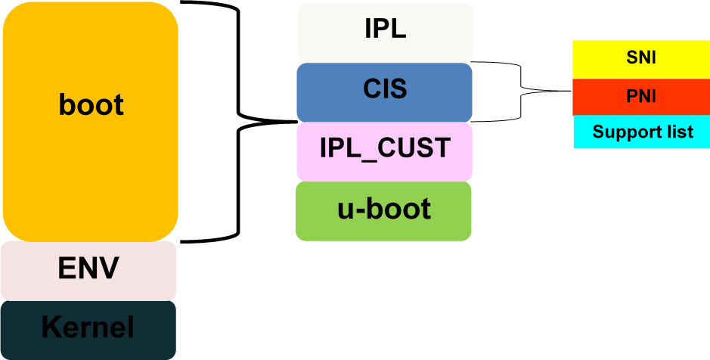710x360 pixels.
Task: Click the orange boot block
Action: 91,122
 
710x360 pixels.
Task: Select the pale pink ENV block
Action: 88,271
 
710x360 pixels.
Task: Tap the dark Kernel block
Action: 88,330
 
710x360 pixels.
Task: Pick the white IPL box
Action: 386,33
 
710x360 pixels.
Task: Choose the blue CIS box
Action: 384,92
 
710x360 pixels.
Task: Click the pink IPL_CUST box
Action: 384,152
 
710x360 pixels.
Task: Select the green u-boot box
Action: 383,211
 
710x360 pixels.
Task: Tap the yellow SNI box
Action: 641,59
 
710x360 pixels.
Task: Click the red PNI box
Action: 641,97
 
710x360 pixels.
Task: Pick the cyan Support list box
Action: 642,132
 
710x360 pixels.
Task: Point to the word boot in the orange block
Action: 91,105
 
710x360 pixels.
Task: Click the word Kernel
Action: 88,327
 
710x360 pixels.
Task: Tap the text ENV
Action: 88,268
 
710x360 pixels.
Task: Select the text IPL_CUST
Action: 385,148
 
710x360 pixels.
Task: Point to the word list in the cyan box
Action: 677,132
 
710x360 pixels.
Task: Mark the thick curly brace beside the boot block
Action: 238,122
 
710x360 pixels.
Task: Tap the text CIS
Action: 385,89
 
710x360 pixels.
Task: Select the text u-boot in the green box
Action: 384,209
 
